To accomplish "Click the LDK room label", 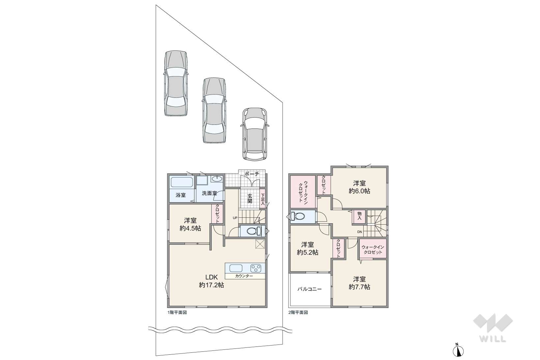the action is [x=212, y=277].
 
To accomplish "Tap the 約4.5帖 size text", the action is [x=190, y=228].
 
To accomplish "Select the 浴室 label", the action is [x=181, y=195].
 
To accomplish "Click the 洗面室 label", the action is [x=209, y=193].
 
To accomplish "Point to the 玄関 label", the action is [x=250, y=198].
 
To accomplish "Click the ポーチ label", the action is [x=252, y=174].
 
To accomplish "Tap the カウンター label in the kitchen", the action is [x=244, y=276].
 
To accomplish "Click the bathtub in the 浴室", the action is [x=182, y=182].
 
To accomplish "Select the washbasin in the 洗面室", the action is [x=217, y=179].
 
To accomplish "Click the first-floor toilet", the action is [x=254, y=231].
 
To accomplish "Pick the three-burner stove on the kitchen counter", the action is [x=256, y=268].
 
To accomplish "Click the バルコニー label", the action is [x=309, y=289].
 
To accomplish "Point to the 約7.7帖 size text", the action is [x=359, y=287].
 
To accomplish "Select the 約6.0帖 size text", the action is [x=359, y=191].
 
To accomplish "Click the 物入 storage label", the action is [x=359, y=216].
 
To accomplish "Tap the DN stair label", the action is [x=359, y=232].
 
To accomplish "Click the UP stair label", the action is [x=235, y=218].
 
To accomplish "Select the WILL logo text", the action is [x=493, y=339].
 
